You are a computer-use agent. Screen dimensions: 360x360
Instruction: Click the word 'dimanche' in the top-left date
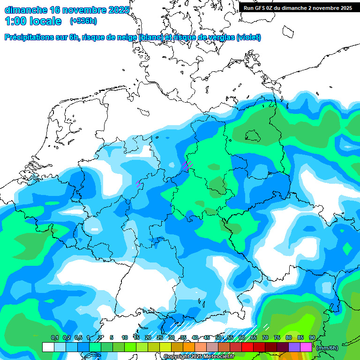click(25, 10)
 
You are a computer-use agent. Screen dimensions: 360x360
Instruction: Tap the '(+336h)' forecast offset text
click(83, 21)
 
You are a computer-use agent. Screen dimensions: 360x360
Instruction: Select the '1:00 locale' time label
click(33, 21)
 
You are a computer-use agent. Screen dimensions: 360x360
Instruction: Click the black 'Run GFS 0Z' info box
click(298, 7)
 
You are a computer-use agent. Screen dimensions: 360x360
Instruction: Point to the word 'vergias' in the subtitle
click(220, 37)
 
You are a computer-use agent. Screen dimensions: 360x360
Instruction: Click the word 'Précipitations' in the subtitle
click(29, 37)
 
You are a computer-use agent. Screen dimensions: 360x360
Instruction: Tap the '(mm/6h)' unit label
click(327, 347)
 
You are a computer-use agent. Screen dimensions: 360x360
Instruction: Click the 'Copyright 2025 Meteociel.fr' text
click(199, 357)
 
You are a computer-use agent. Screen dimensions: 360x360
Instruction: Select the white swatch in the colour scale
click(48, 347)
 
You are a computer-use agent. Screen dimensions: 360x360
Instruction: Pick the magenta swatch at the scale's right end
click(306, 347)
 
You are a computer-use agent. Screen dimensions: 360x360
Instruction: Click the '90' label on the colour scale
click(312, 337)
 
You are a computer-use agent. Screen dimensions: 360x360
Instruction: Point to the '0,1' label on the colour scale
click(55, 337)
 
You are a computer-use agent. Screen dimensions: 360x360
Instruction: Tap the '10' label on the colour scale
click(125, 337)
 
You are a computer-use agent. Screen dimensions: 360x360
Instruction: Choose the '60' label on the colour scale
click(242, 337)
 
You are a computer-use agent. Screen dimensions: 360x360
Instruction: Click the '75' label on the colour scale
click(277, 337)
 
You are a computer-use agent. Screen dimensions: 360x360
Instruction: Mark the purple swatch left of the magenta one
click(294, 347)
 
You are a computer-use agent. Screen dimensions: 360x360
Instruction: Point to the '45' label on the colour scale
click(207, 337)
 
